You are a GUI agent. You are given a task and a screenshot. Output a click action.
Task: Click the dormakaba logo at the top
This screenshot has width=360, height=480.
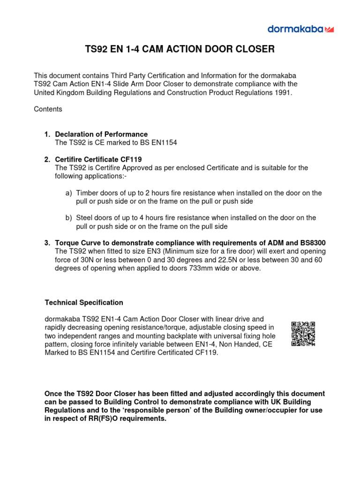click(300, 29)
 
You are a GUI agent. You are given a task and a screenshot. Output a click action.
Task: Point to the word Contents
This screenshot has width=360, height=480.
click(48, 109)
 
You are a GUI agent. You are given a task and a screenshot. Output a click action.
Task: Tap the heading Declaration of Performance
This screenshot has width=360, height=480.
click(101, 135)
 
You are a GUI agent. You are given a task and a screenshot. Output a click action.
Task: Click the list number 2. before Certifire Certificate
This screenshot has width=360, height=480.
click(47, 160)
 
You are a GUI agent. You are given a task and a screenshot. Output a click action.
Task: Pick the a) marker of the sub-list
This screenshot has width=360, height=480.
click(69, 193)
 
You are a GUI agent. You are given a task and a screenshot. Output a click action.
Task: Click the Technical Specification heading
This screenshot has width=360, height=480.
click(84, 302)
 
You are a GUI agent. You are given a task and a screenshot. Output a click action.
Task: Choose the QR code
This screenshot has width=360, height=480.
click(303, 334)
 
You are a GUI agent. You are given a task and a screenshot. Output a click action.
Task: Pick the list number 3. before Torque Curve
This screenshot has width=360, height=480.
click(47, 243)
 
